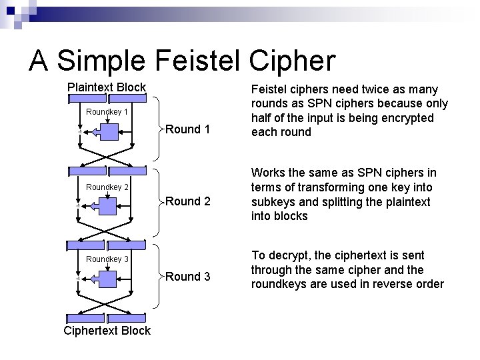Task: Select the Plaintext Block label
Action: pos(107,87)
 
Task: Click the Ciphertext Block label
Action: pos(107,331)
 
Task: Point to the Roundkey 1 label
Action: pos(107,111)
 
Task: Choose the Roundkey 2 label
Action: pos(107,187)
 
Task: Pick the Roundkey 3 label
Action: pos(107,259)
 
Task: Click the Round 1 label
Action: pos(187,129)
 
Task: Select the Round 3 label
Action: pos(187,276)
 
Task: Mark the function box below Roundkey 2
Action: pos(107,207)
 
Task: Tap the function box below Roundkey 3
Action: pos(107,278)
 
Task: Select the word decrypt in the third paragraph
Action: pos(290,255)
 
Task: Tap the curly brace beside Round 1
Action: pos(159,129)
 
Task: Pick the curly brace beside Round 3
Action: pos(159,276)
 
